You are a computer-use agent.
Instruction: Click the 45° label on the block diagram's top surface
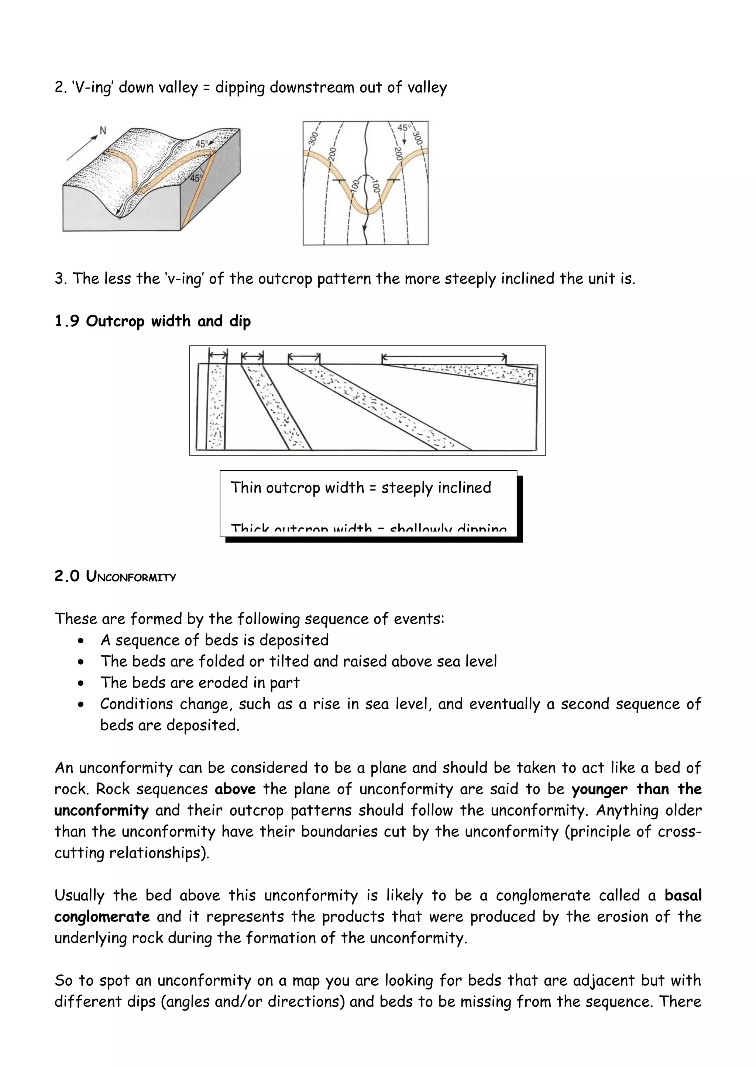coord(201,144)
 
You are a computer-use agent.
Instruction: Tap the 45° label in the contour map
coord(404,128)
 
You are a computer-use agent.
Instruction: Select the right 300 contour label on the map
coord(417,138)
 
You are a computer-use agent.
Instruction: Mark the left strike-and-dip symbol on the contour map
coord(339,180)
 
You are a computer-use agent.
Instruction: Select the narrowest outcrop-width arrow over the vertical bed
coord(217,355)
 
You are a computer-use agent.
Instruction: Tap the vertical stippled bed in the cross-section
coord(216,407)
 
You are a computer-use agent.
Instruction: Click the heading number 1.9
coord(66,321)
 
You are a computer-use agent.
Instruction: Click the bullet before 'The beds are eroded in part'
coord(82,684)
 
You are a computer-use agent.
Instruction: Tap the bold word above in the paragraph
coord(235,789)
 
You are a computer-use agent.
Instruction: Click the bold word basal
coord(683,895)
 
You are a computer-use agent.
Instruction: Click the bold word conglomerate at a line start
coord(102,917)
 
